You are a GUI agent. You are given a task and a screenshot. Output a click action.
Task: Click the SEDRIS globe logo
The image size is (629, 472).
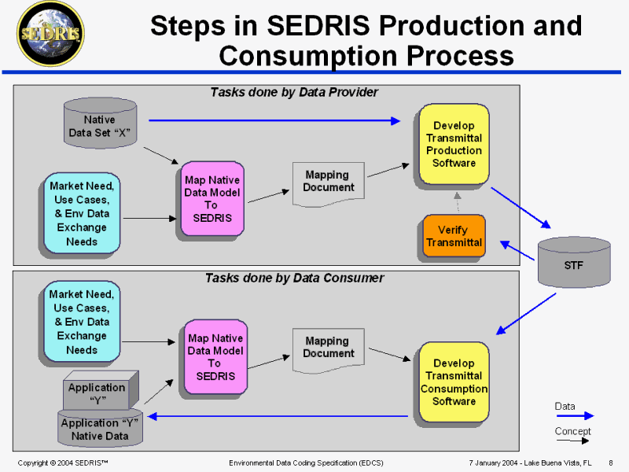[51, 35]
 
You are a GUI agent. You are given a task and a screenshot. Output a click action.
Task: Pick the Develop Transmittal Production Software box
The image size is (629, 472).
[454, 145]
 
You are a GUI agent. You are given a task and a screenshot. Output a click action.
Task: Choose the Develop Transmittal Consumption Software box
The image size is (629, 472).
[454, 382]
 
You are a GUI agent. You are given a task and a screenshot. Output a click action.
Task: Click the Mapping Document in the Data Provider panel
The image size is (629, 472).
[328, 183]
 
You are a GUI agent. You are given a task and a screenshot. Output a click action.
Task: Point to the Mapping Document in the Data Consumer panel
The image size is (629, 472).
[328, 348]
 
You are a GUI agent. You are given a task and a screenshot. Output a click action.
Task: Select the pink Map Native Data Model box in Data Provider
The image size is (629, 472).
[212, 199]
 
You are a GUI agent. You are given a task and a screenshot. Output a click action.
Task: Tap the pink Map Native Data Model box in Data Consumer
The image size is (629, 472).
[215, 357]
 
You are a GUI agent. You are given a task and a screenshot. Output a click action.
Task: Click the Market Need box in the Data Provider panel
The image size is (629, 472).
[82, 213]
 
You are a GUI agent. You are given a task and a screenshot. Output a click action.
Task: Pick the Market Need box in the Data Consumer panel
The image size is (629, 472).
[82, 322]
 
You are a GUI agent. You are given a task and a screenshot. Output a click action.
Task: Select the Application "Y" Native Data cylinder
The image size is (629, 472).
[101, 429]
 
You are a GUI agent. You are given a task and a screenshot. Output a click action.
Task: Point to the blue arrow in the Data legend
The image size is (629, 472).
[575, 416]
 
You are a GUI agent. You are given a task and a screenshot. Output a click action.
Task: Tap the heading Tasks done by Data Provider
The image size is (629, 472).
[294, 93]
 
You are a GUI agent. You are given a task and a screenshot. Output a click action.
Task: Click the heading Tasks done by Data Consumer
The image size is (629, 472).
[294, 278]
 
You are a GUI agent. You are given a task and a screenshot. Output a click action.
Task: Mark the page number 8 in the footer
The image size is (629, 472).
[611, 462]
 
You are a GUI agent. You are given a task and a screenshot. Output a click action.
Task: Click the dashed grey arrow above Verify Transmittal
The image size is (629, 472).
[457, 202]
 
